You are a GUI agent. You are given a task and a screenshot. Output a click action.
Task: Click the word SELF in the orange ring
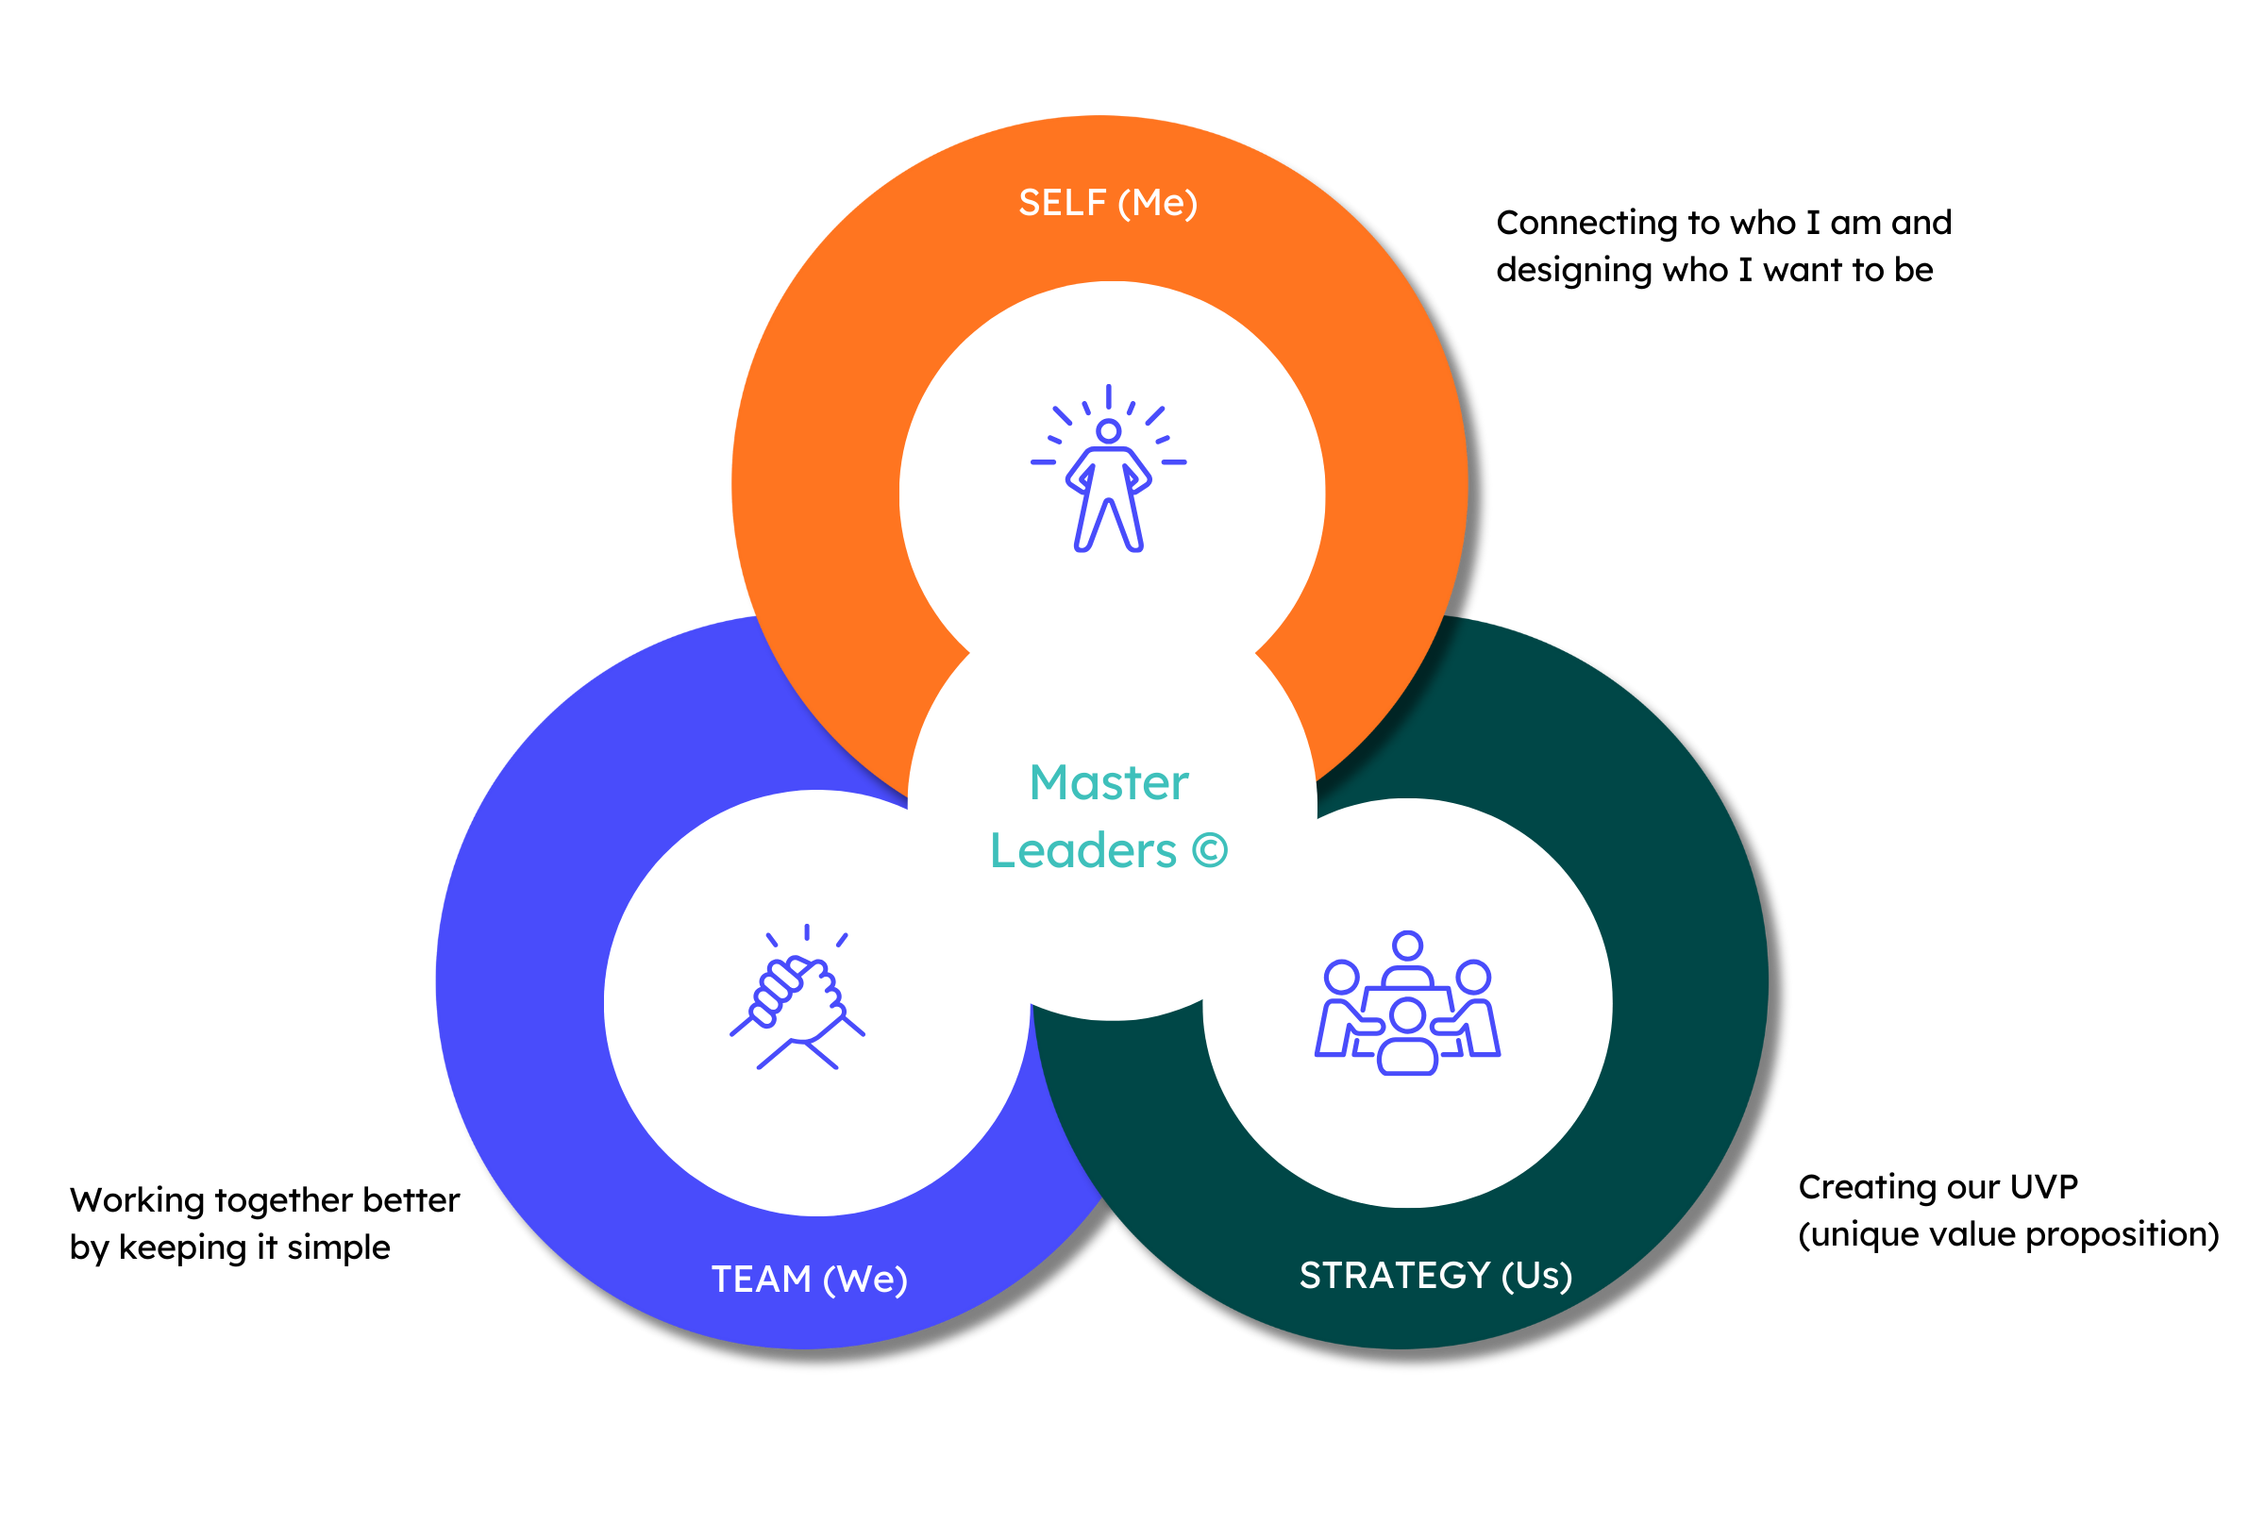coord(1063,203)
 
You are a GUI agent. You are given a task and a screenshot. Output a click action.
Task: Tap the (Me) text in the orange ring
coord(1158,203)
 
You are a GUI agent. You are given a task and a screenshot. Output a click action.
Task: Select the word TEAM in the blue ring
coord(762,1279)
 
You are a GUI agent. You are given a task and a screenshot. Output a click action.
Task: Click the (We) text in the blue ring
coord(865,1279)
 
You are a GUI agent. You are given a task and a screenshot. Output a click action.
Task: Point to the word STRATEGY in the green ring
coord(1395,1275)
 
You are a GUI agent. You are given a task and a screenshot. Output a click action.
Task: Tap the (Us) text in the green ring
coord(1537,1275)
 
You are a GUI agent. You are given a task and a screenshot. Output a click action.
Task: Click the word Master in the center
coord(1109,782)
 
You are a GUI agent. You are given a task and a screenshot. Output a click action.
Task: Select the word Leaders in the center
coord(1082,851)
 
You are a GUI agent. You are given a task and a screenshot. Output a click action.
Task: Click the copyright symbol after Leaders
coord(1210,850)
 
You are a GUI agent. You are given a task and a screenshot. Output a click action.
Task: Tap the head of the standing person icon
coord(1108,431)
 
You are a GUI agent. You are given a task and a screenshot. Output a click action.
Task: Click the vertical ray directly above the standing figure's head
coord(1108,395)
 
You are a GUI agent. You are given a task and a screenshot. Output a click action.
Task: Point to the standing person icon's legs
coord(1108,522)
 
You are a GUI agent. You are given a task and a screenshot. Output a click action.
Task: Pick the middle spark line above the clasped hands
coord(807,931)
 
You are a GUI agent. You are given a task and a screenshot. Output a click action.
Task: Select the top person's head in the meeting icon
coord(1407,945)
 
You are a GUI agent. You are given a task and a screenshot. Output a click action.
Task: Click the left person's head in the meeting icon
coord(1341,977)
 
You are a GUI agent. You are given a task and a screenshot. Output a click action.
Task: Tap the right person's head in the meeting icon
coord(1472,977)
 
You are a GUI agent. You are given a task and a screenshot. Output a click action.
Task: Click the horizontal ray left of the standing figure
coord(1043,462)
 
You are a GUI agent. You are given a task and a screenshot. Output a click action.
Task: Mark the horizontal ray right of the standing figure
coord(1173,462)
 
